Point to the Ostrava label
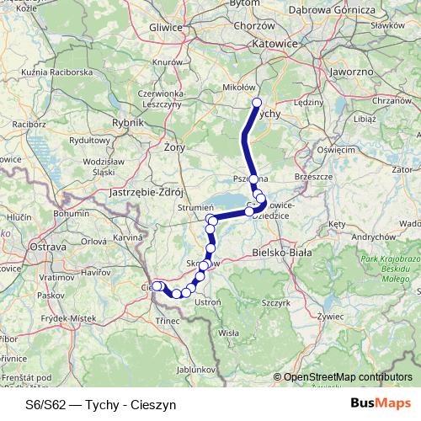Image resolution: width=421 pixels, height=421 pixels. pos(48,247)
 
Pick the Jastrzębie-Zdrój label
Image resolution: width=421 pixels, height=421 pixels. pos(141,193)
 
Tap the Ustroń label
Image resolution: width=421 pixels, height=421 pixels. pos(207,301)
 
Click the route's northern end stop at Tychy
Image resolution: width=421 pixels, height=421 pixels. pos(258,104)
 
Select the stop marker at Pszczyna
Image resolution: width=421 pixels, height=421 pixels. pos(253,179)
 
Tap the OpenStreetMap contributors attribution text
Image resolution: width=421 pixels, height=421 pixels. pos(348,378)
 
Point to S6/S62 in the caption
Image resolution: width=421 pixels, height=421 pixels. pos(44,404)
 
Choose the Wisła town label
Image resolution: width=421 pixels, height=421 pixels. pos(228,333)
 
